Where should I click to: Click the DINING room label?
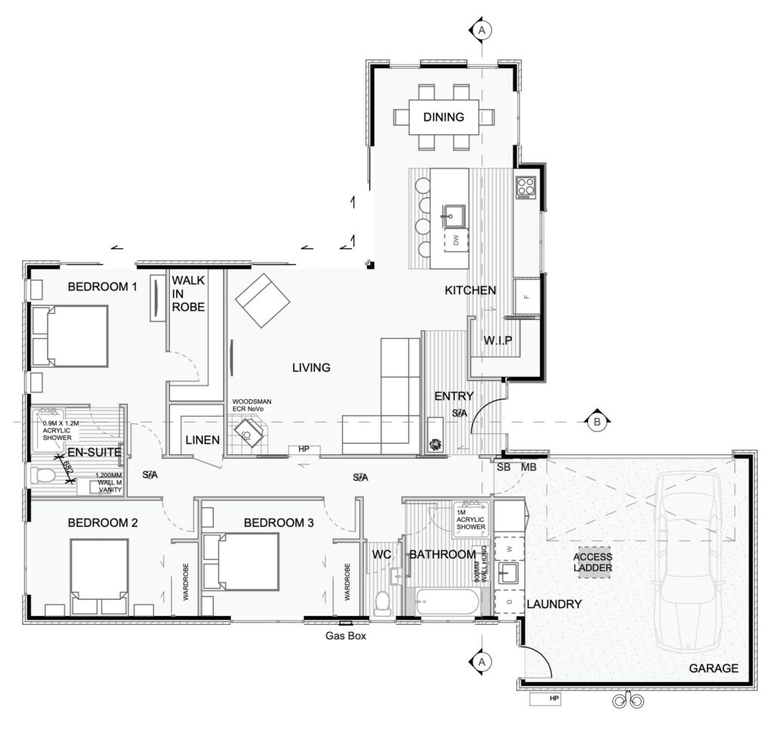(444, 117)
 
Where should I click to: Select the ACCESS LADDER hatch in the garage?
(593, 562)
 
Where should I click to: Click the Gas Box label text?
(346, 636)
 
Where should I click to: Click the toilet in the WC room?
(383, 602)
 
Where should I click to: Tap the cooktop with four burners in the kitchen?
(525, 186)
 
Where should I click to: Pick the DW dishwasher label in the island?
(456, 241)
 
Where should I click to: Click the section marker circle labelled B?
(596, 422)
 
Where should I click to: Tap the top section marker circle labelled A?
(482, 30)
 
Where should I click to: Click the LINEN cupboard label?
(202, 440)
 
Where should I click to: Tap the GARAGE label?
(713, 668)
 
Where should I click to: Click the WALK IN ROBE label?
(188, 294)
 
